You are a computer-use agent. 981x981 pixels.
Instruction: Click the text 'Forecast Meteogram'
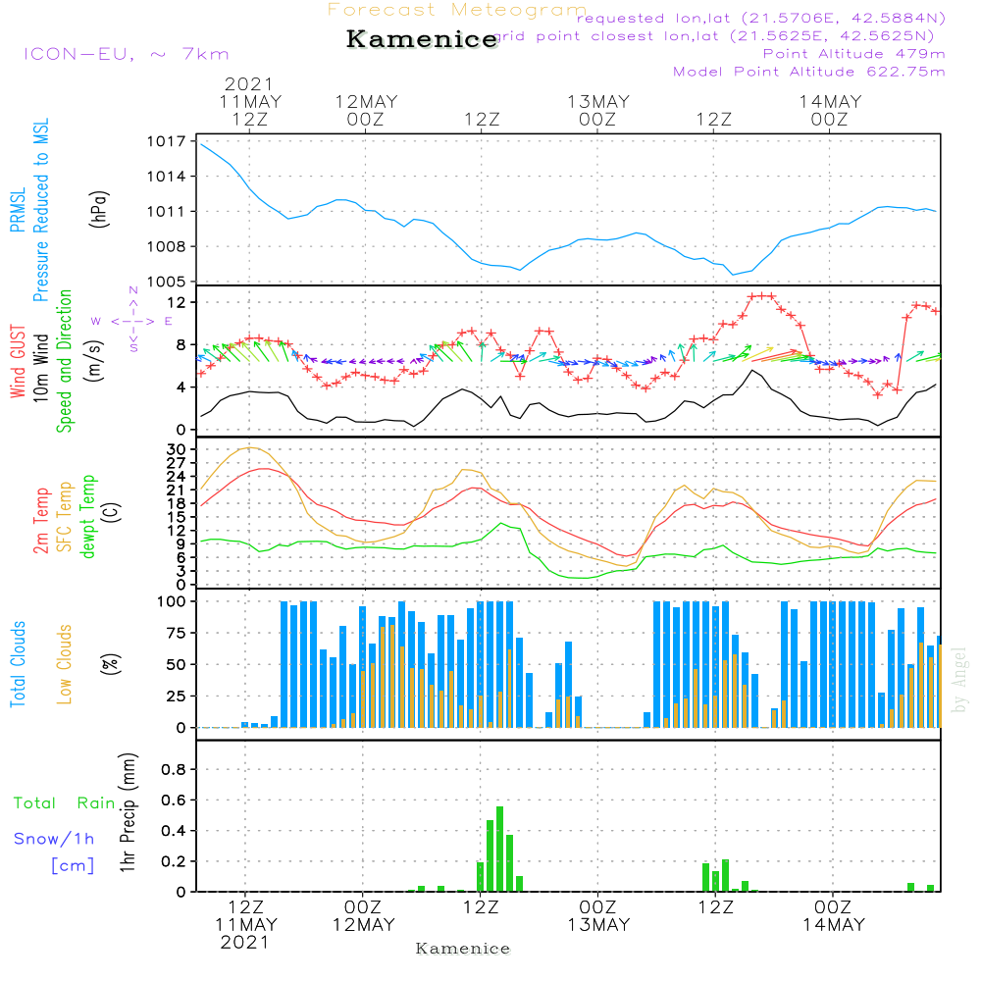[457, 11]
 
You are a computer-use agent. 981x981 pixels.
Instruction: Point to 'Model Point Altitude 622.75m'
[808, 72]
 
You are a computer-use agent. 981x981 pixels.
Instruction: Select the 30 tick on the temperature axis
[177, 449]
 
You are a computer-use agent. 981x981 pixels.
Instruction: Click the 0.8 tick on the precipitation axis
[173, 770]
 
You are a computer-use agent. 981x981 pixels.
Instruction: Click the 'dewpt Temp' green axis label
[89, 517]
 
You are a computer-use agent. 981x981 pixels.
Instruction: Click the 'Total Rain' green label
[65, 803]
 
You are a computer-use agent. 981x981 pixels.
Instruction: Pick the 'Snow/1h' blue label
[55, 839]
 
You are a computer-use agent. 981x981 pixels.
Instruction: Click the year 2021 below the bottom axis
[244, 942]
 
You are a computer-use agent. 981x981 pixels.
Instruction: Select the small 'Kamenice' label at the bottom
[463, 949]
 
